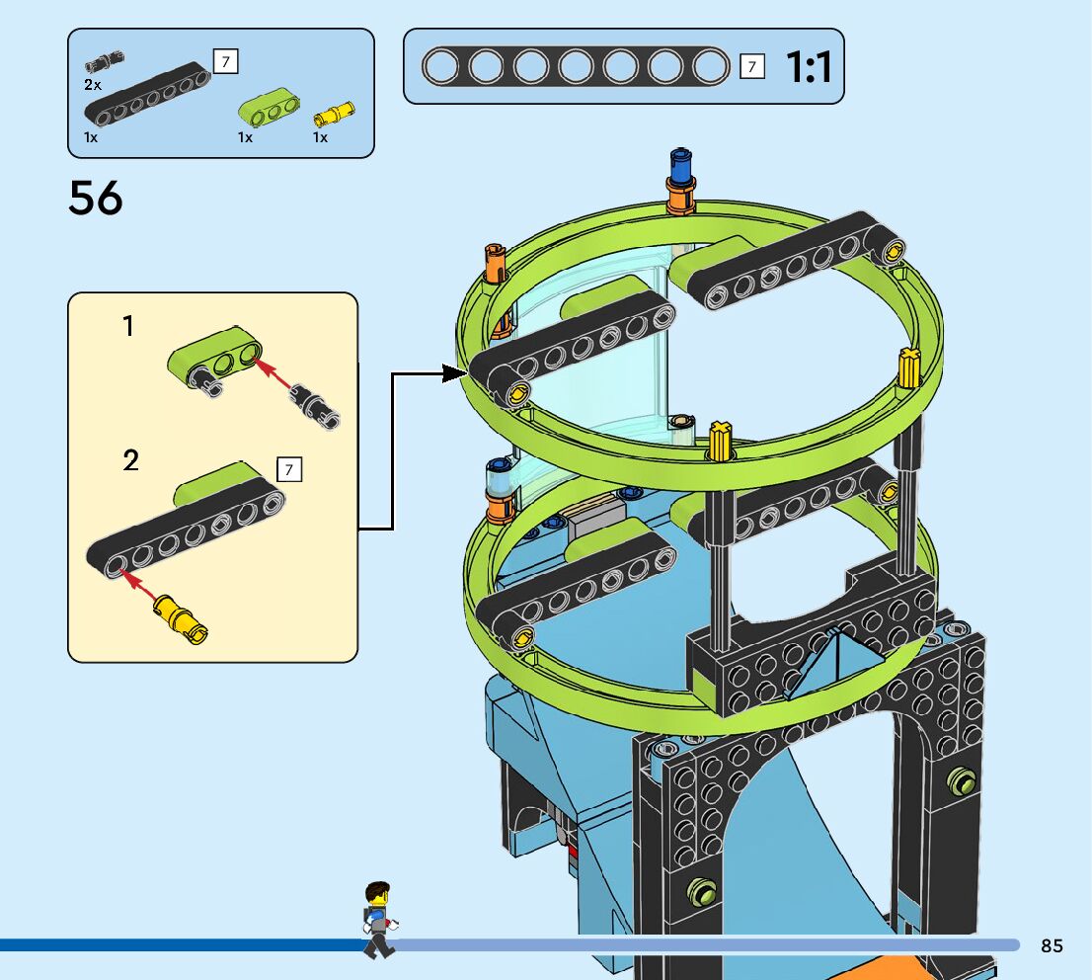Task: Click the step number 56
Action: (96, 198)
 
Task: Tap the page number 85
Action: (1052, 945)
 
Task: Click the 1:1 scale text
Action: (809, 67)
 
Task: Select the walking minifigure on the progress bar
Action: (377, 920)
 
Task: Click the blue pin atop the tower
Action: (679, 163)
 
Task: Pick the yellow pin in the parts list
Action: (334, 113)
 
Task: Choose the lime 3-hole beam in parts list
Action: (270, 108)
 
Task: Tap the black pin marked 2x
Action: (105, 60)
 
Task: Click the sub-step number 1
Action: (128, 326)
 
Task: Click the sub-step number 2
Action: (131, 460)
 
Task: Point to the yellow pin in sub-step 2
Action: (183, 617)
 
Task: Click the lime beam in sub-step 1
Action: (217, 357)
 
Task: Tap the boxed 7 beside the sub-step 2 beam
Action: (289, 470)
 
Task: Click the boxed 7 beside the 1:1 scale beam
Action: (752, 67)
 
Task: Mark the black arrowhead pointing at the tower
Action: (455, 372)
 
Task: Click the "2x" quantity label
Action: (92, 85)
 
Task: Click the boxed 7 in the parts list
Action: (226, 61)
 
